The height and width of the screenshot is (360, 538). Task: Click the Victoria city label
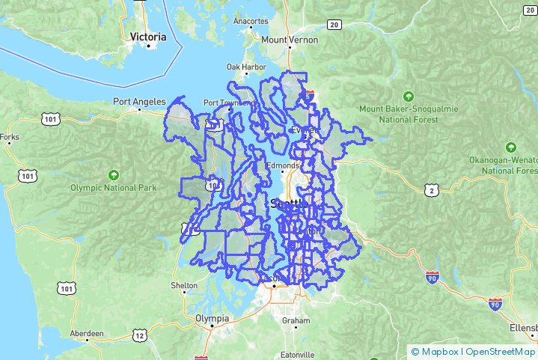(x=148, y=36)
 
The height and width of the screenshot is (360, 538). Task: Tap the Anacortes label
(x=250, y=21)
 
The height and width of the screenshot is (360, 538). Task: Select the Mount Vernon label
(x=290, y=40)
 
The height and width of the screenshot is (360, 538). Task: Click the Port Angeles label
(x=138, y=101)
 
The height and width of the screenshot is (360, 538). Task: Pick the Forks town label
(x=10, y=137)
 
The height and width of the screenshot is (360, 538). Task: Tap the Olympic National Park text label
(x=114, y=188)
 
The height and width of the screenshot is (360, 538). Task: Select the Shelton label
(x=184, y=285)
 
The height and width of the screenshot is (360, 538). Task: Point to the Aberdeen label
(x=86, y=333)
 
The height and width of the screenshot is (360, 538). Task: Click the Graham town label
(x=296, y=321)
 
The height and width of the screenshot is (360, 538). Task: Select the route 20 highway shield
(x=334, y=25)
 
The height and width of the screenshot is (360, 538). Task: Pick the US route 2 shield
(x=431, y=191)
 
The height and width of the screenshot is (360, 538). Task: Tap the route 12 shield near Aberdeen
(x=140, y=336)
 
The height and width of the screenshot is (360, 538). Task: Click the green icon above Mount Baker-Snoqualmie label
(x=408, y=96)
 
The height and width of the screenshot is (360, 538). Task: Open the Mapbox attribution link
(x=438, y=351)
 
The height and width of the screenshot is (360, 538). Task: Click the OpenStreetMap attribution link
(x=501, y=351)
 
